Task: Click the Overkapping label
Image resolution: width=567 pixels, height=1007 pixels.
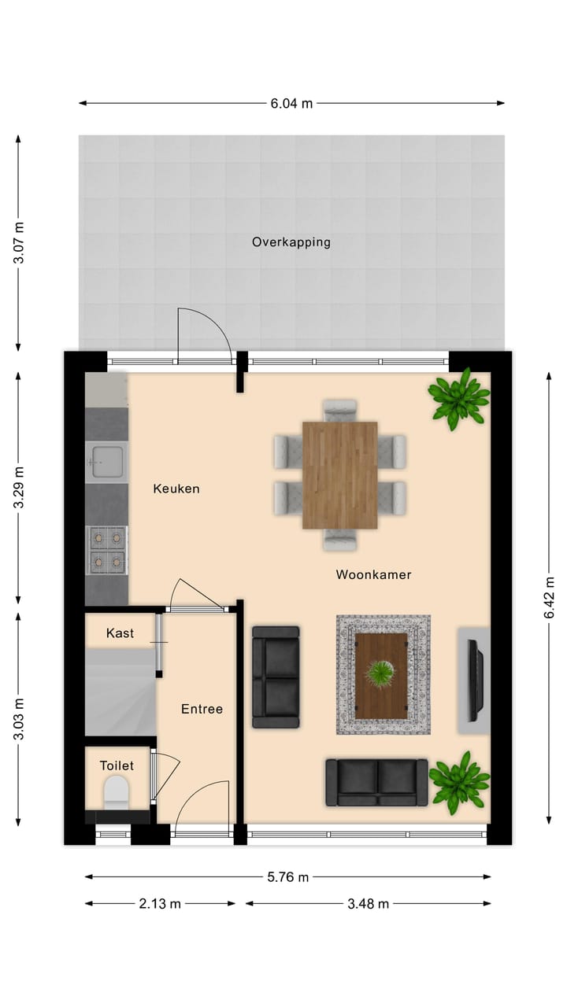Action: [x=291, y=242]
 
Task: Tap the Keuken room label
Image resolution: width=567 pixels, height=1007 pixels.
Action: [x=176, y=489]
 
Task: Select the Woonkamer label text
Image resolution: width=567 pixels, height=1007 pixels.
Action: [x=373, y=574]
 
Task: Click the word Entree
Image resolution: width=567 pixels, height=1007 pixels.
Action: [x=202, y=709]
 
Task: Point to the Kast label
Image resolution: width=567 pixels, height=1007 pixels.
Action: [x=120, y=633]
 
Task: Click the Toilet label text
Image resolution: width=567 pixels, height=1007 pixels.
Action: [x=117, y=765]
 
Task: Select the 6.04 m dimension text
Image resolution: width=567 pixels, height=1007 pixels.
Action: [x=291, y=103]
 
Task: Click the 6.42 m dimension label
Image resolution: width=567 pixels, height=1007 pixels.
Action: [x=550, y=598]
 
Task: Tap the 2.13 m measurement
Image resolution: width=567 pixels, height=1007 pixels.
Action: [x=160, y=904]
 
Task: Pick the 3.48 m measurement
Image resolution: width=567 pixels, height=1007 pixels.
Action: [x=368, y=904]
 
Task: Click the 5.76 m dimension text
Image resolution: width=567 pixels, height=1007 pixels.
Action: [x=287, y=877]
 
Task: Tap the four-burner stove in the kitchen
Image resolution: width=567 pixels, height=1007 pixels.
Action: [x=106, y=548]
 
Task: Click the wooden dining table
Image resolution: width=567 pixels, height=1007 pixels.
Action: [x=339, y=475]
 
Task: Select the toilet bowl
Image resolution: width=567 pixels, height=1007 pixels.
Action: [x=117, y=791]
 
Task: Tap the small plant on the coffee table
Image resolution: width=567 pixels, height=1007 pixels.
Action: [x=382, y=673]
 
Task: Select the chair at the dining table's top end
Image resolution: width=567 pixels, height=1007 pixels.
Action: [x=340, y=410]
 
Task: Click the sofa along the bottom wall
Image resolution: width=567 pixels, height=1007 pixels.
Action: [x=376, y=782]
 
